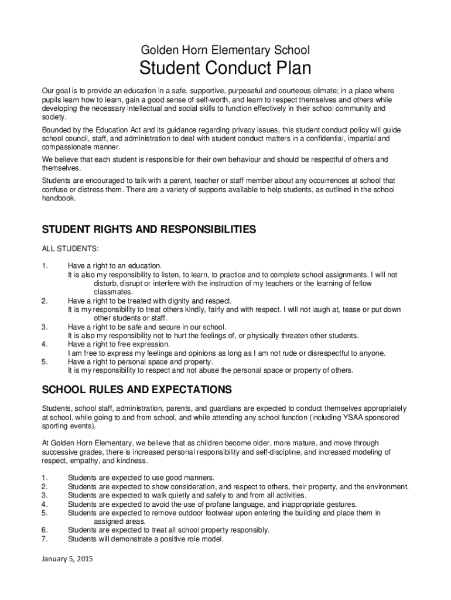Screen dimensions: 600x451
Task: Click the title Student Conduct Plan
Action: (x=225, y=69)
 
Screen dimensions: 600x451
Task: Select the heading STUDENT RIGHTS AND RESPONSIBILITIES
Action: (x=149, y=230)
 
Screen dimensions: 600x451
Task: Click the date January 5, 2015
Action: (x=67, y=558)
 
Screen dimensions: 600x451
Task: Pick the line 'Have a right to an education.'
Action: (x=114, y=265)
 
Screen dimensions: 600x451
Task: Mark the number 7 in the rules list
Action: (x=45, y=538)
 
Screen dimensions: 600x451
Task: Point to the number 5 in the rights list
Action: (x=45, y=362)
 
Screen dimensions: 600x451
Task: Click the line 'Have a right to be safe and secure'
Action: (x=146, y=326)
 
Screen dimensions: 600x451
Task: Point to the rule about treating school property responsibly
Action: (x=169, y=530)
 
